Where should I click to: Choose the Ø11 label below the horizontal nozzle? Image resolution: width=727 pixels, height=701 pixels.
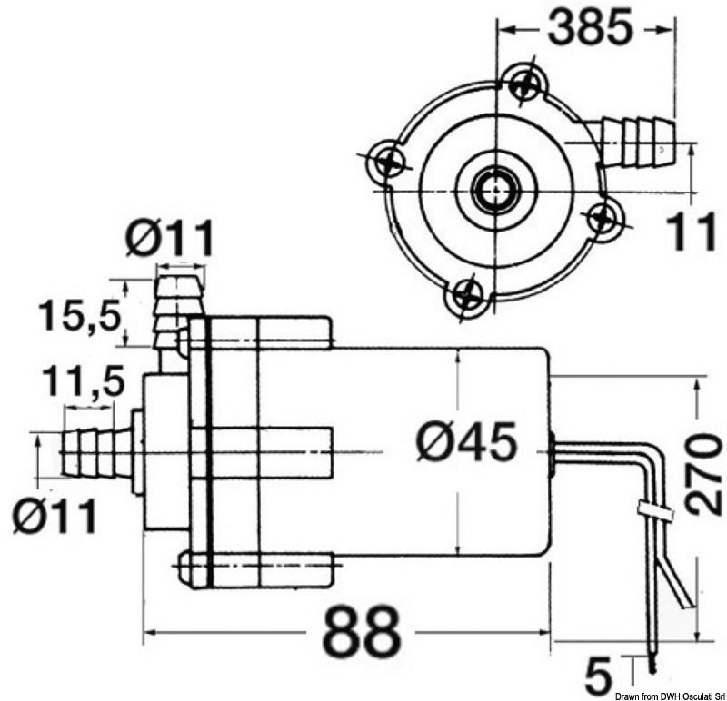click(x=55, y=518)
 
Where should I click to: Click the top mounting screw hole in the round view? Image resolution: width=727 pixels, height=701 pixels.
click(x=523, y=84)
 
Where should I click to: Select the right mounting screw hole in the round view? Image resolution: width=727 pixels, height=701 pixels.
click(x=602, y=217)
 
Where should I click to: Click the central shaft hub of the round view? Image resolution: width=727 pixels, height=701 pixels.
click(x=495, y=188)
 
